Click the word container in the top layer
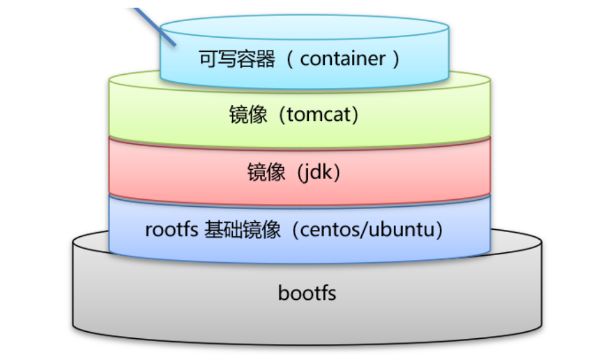[342, 59]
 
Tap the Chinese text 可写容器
[237, 59]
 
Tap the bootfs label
[306, 293]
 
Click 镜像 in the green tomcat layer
[248, 115]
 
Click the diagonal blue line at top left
[154, 27]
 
